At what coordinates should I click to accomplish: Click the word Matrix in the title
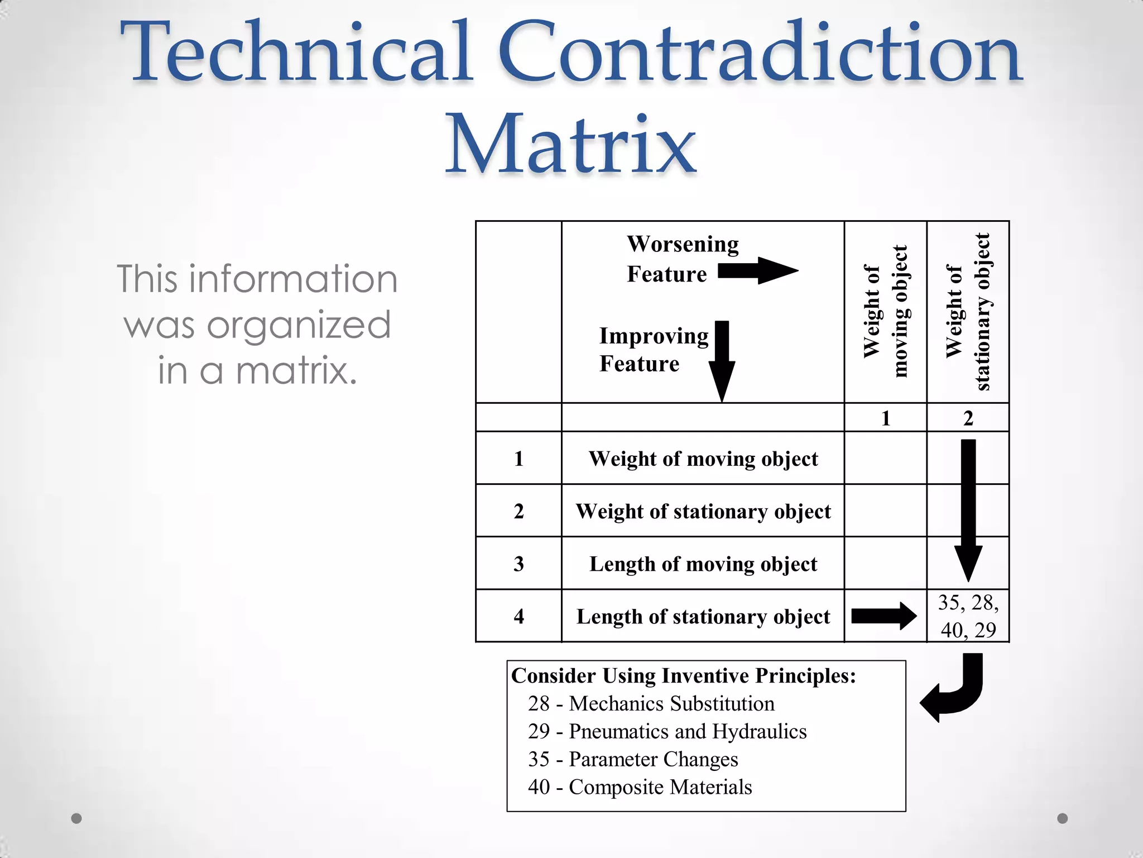[x=570, y=144]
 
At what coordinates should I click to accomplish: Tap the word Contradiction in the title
[x=760, y=53]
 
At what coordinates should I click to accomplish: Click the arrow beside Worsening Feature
[x=757, y=271]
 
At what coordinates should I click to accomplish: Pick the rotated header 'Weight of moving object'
[x=885, y=311]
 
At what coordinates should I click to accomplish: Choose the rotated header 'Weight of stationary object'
[x=968, y=311]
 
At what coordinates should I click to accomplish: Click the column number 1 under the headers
[x=885, y=418]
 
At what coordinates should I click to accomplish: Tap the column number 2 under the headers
[x=968, y=418]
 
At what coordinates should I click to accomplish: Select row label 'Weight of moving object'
[x=703, y=459]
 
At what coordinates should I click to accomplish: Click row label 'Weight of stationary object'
[x=703, y=511]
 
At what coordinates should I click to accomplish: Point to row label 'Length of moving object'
[x=703, y=564]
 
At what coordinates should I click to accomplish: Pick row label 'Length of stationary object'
[x=703, y=616]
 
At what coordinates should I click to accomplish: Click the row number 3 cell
[x=518, y=564]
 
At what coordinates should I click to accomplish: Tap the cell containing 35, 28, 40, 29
[x=968, y=616]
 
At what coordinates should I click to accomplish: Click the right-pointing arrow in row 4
[x=883, y=616]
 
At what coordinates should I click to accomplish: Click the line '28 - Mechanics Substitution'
[x=651, y=703]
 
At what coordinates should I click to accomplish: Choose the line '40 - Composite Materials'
[x=640, y=786]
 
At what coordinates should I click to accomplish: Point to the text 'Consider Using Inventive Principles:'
[x=683, y=675]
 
